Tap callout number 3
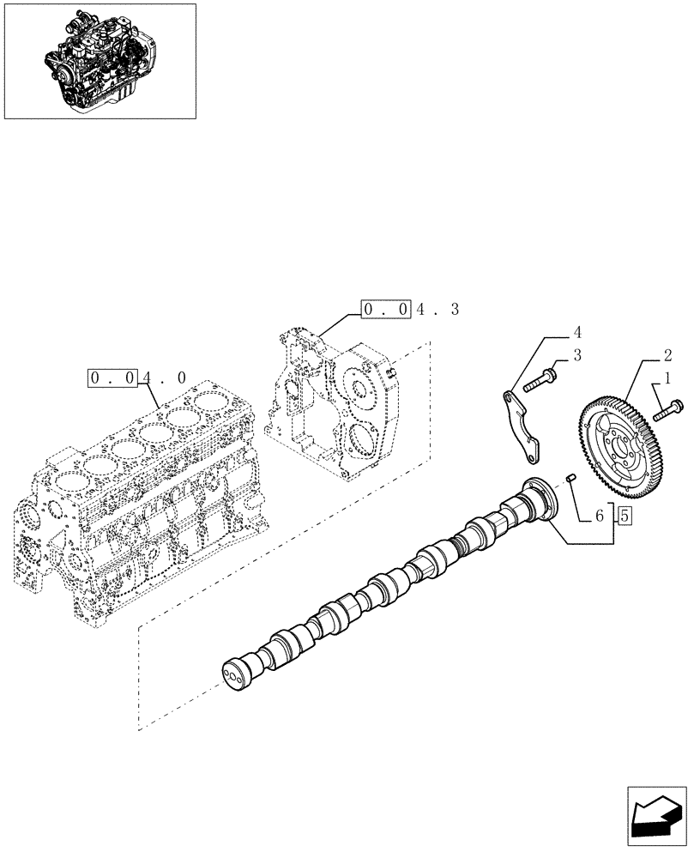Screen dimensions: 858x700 (578, 354)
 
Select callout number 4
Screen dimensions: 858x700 (578, 331)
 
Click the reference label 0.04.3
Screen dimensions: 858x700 (410, 309)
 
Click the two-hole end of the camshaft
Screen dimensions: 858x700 (232, 674)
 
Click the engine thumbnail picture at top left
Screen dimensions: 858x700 (100, 61)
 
